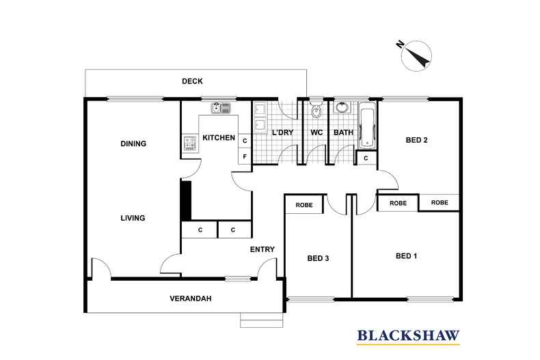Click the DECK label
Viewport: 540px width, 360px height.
click(x=192, y=81)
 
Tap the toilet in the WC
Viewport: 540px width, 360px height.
click(x=316, y=109)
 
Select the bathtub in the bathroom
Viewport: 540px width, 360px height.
click(x=367, y=126)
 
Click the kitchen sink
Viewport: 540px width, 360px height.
click(x=221, y=108)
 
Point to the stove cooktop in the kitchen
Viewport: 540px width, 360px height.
click(x=189, y=143)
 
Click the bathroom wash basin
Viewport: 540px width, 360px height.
click(x=342, y=107)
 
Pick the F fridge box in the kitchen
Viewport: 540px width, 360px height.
click(x=245, y=156)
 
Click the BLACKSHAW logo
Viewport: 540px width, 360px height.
click(x=409, y=336)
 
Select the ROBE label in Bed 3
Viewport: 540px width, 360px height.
click(x=304, y=205)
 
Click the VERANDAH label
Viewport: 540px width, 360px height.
click(x=191, y=299)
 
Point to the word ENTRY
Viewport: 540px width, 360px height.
click(x=262, y=249)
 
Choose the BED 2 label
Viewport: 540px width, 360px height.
click(x=417, y=140)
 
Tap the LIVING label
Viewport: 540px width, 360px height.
click(x=133, y=218)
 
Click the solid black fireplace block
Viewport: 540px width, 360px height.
click(x=186, y=201)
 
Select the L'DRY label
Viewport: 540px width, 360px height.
click(x=283, y=133)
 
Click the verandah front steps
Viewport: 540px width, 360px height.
click(x=261, y=320)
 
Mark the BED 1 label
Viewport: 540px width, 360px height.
click(x=407, y=256)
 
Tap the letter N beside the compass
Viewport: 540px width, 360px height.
click(x=400, y=44)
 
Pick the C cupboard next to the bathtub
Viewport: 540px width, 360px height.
click(x=366, y=158)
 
